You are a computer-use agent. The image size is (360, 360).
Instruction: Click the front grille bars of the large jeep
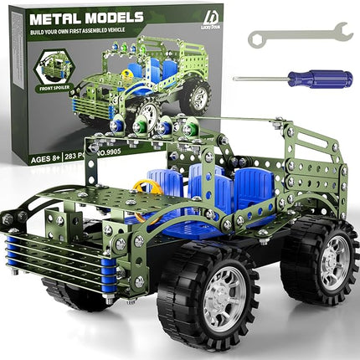(x=39, y=256)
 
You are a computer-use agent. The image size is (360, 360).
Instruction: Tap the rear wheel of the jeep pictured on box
(x=198, y=97)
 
